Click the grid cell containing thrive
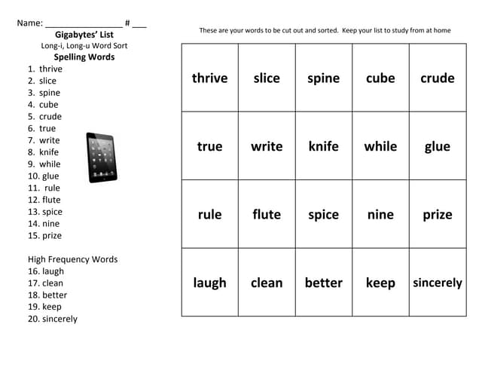(x=209, y=78)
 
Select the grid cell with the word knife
(x=323, y=146)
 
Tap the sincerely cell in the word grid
(x=437, y=283)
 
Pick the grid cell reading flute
(x=267, y=215)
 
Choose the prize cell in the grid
(x=437, y=215)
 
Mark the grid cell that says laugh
(x=209, y=283)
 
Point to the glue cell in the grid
(x=437, y=146)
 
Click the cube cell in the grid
(x=380, y=78)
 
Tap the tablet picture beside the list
(x=101, y=157)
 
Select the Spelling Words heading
(x=84, y=57)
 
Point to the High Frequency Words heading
(x=72, y=259)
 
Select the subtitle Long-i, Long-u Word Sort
(x=84, y=46)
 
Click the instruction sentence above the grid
(x=325, y=31)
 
